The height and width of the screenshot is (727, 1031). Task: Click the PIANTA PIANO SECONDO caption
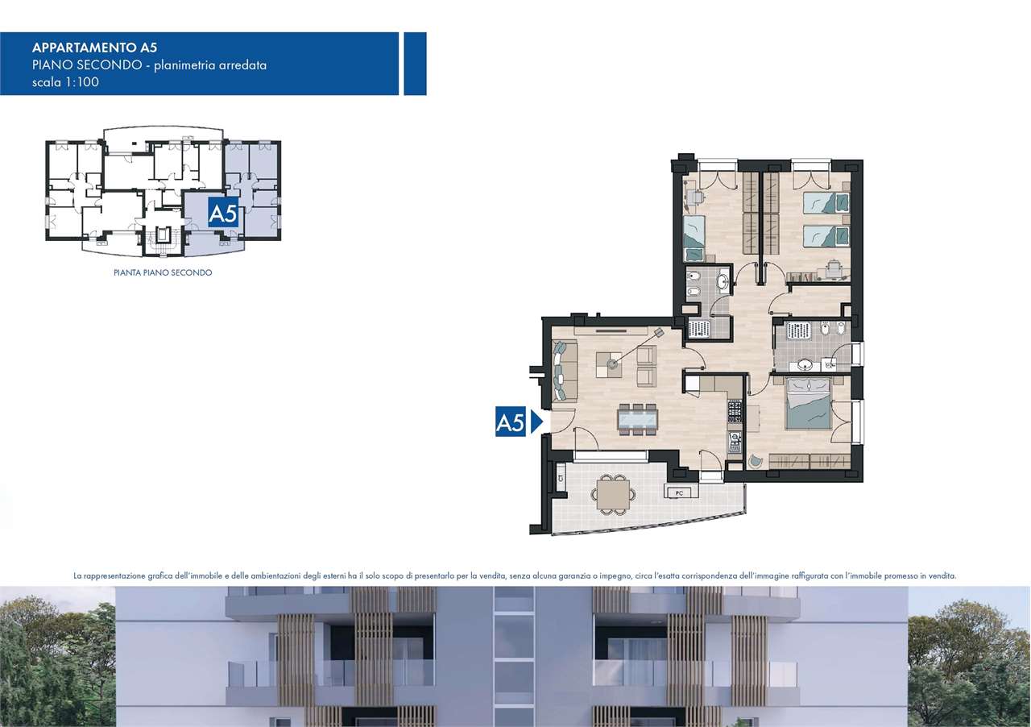click(x=163, y=272)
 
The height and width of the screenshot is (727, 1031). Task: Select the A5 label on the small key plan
click(x=223, y=213)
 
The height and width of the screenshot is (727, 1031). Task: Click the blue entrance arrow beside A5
click(x=536, y=422)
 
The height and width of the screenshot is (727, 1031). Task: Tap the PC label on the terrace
click(x=679, y=493)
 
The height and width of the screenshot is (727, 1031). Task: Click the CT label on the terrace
click(x=561, y=478)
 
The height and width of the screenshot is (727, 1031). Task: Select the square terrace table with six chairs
click(x=613, y=494)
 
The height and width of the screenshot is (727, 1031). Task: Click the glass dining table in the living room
click(x=637, y=419)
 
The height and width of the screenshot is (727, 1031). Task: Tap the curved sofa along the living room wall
click(x=565, y=370)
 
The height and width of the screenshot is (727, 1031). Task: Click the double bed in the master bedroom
click(x=808, y=404)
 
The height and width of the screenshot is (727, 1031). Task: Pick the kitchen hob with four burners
click(x=735, y=412)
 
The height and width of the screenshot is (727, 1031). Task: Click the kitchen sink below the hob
click(x=735, y=442)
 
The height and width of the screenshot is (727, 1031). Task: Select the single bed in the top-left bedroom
click(x=694, y=239)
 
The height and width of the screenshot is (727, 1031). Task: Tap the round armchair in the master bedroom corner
click(x=756, y=461)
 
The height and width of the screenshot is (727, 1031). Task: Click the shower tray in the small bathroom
click(x=698, y=329)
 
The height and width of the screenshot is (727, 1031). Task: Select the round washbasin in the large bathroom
click(x=804, y=365)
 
